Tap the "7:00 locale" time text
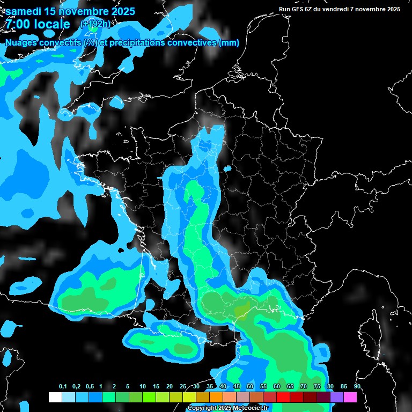pyautogui.click(x=38, y=24)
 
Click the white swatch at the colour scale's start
pyautogui.click(x=55, y=397)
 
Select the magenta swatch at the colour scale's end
pyautogui.click(x=350, y=397)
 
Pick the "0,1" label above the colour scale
pyautogui.click(x=63, y=387)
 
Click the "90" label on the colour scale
pyautogui.click(x=357, y=387)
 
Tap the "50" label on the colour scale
pyautogui.click(x=250, y=387)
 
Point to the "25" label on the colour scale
pyautogui.click(x=183, y=387)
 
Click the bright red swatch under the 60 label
pyautogui.click(x=270, y=397)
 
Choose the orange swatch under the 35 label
pyautogui.click(x=216, y=397)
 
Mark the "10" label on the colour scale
pyautogui.click(x=143, y=387)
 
